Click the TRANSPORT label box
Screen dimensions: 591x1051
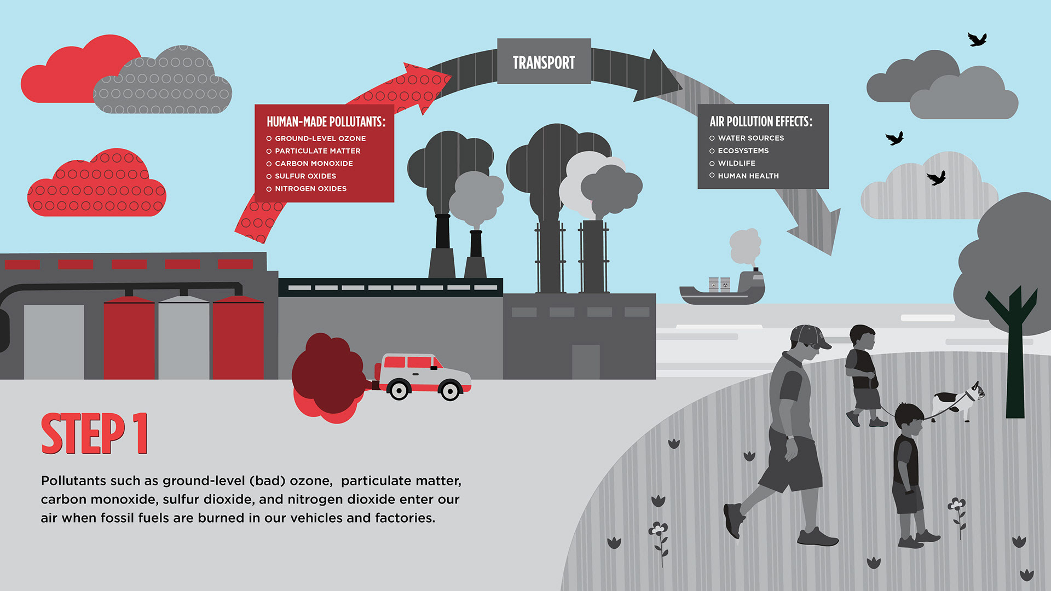[x=544, y=61]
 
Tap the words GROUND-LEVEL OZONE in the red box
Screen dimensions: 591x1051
[x=320, y=138]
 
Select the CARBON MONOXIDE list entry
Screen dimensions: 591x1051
[x=314, y=164]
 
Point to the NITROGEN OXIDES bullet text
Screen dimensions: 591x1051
[x=310, y=189]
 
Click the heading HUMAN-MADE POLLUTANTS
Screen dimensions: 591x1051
[x=326, y=121]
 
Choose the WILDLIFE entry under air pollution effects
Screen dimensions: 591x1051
[x=736, y=163]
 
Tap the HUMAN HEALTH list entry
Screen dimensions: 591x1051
[x=748, y=176]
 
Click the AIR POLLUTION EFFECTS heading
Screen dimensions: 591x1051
[x=761, y=121]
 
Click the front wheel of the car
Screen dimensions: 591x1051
[x=450, y=391]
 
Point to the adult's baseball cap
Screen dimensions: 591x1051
[x=809, y=335]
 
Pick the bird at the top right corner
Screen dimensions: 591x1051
[x=977, y=39]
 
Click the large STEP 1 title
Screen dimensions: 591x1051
[x=94, y=434]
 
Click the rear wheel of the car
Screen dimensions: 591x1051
[x=399, y=390]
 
